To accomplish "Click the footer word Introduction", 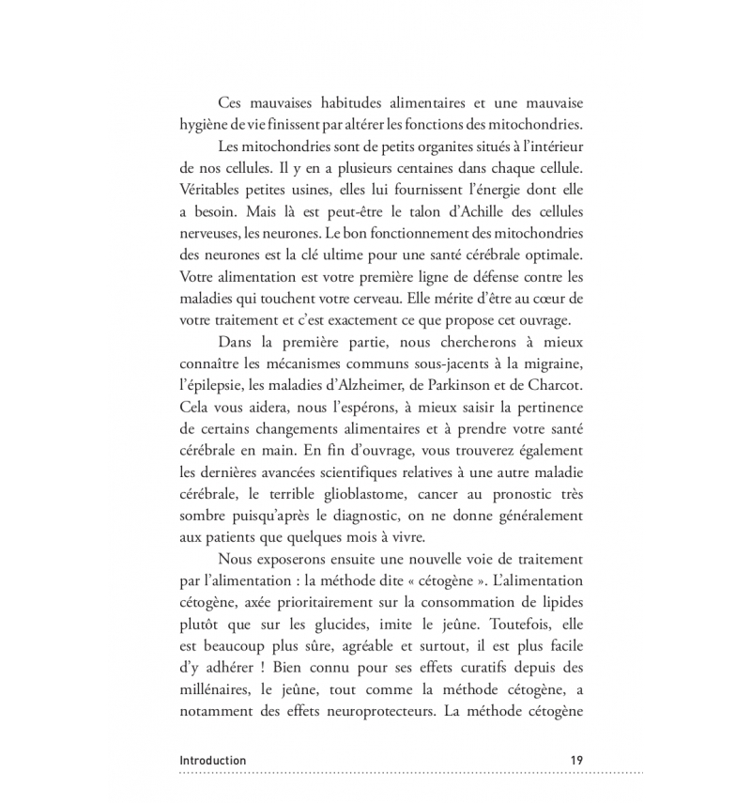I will pos(212,760).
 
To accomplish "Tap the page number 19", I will pos(576,760).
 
